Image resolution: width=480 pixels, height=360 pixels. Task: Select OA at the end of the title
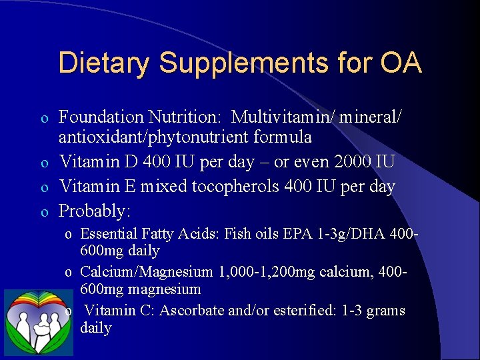[x=401, y=63]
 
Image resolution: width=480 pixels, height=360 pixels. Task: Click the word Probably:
[x=95, y=211]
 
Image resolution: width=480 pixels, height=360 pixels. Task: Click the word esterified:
[x=305, y=311]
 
